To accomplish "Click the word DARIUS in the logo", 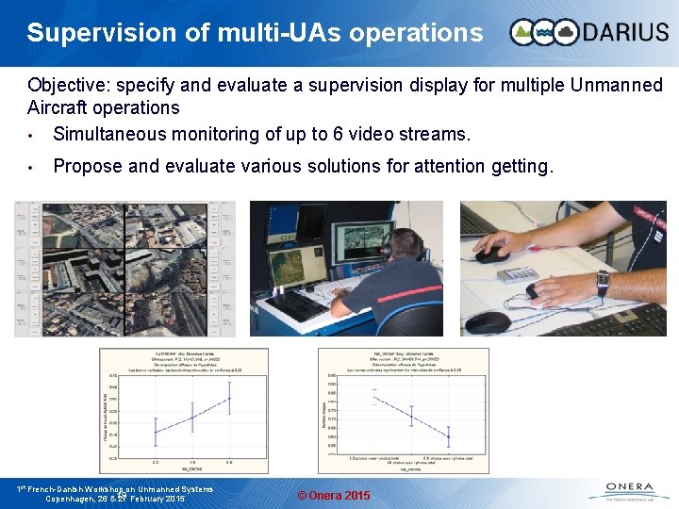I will [622, 33].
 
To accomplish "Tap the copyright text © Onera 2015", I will [334, 496].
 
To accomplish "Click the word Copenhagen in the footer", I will [76, 499].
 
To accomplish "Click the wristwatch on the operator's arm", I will [603, 282].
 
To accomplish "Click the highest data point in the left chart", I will [229, 399].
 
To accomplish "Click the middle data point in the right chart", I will [411, 415].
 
